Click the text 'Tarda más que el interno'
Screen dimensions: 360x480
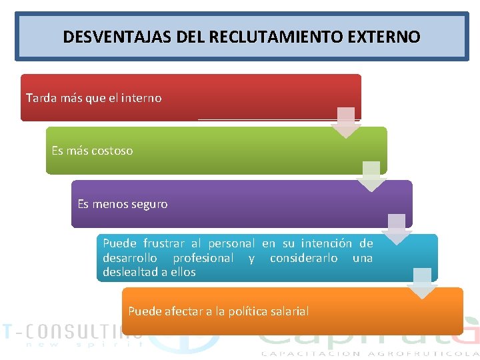pyautogui.click(x=93, y=98)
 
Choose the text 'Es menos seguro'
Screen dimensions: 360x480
pyautogui.click(x=123, y=204)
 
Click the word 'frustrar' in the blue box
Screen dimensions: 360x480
pyautogui.click(x=165, y=244)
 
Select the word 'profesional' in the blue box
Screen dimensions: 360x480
pyautogui.click(x=203, y=258)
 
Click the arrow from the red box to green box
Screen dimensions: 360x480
pyautogui.click(x=346, y=123)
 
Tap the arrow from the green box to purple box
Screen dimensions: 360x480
pyautogui.click(x=371, y=176)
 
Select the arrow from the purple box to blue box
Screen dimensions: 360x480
pyautogui.click(x=397, y=229)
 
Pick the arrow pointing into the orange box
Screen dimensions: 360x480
pyautogui.click(x=422, y=283)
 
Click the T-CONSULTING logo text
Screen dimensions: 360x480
pyautogui.click(x=71, y=330)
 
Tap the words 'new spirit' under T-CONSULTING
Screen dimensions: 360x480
pyautogui.click(x=84, y=345)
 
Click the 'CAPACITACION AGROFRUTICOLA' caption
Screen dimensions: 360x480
pyautogui.click(x=370, y=353)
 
